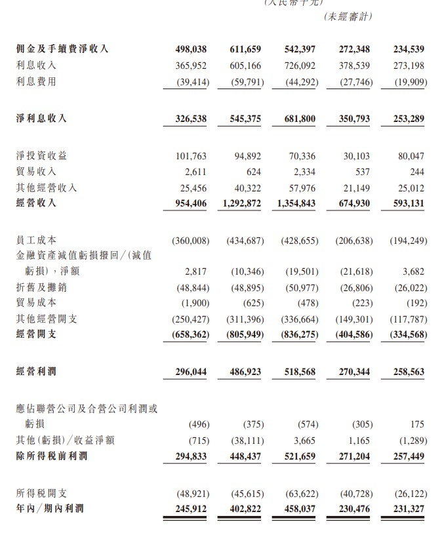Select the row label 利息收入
[36, 66]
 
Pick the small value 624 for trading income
[253, 172]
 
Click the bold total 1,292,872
[237, 203]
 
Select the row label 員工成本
[36, 241]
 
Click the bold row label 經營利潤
[36, 372]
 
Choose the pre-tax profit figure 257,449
[407, 456]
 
